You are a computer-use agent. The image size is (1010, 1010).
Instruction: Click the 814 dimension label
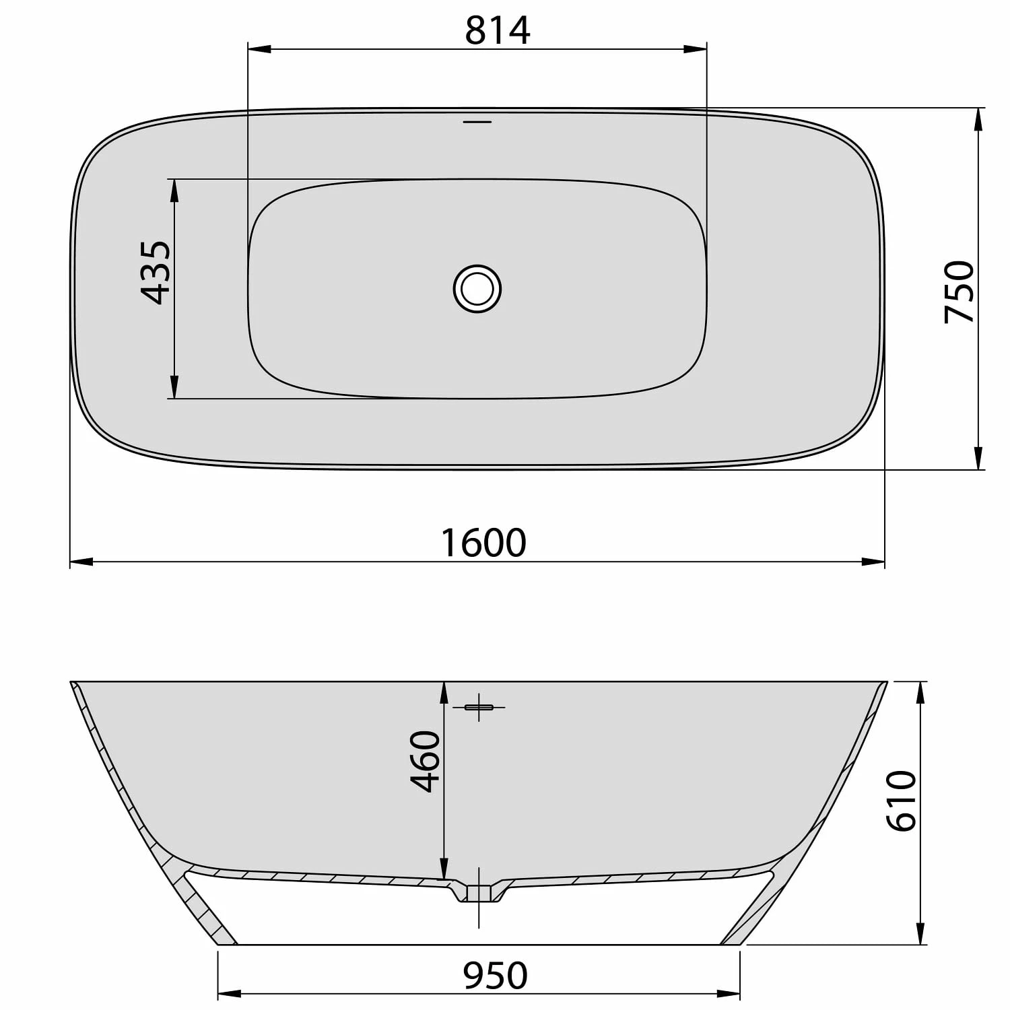[x=498, y=30]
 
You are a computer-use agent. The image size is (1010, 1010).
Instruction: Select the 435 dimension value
[x=156, y=272]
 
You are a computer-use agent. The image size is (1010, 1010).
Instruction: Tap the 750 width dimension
[x=959, y=292]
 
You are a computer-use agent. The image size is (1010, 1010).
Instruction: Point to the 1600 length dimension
[x=483, y=543]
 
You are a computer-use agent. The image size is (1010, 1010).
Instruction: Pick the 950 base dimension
[x=495, y=976]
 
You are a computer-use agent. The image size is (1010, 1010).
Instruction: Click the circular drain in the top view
[x=477, y=289]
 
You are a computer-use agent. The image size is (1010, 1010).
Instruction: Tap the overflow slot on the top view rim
[x=477, y=122]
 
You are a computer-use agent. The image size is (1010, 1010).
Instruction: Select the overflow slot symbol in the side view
[x=479, y=707]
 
